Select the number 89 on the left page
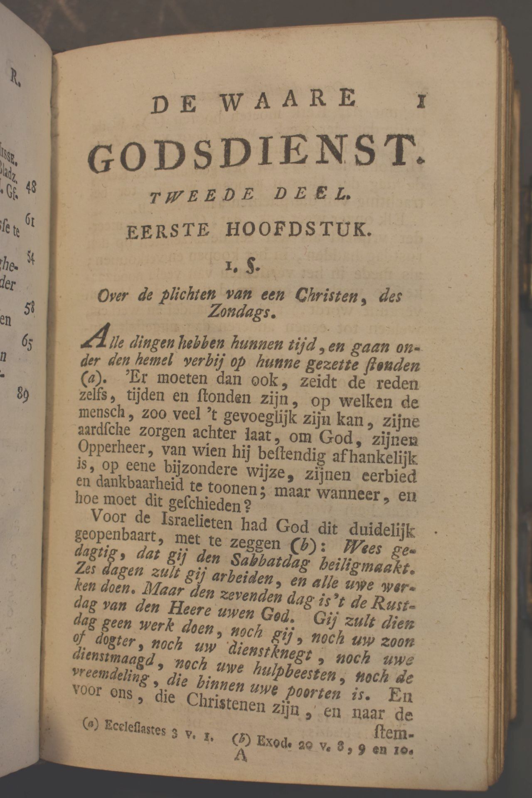point(23,394)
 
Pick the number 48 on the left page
point(30,188)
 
